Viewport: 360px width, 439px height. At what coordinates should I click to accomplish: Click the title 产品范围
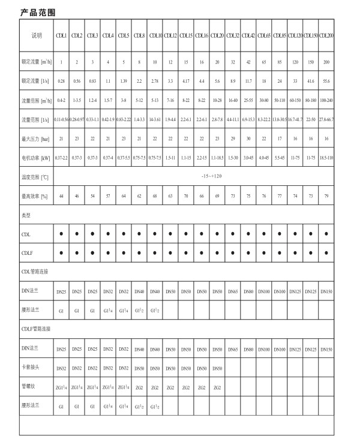(37, 11)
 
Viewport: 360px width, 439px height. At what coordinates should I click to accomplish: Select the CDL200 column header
(327, 36)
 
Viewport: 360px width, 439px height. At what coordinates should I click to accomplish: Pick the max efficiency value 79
(327, 196)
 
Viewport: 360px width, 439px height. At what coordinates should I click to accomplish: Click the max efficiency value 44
(61, 196)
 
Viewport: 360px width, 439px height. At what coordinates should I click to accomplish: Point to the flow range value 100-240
(327, 100)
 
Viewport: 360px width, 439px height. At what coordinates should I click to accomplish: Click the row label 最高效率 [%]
(37, 196)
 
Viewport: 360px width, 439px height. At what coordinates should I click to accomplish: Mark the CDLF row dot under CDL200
(327, 253)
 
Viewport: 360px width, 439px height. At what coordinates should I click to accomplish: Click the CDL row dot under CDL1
(61, 234)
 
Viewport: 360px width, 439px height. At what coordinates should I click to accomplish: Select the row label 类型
(27, 215)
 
